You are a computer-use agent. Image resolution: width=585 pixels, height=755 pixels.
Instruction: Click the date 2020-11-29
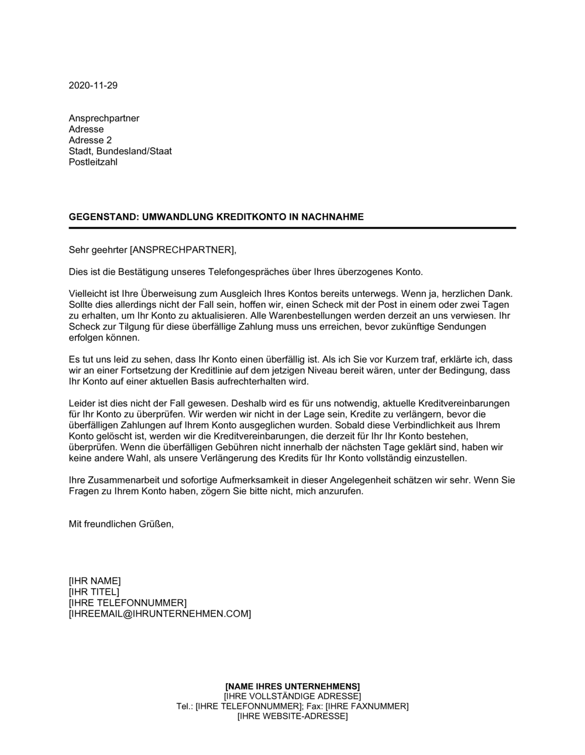click(93, 85)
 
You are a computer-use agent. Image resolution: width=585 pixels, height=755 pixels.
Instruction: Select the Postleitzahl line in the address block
click(93, 162)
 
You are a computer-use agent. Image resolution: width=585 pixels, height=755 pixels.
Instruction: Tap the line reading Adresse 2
click(90, 140)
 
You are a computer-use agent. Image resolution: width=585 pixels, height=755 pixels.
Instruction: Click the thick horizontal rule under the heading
click(292, 228)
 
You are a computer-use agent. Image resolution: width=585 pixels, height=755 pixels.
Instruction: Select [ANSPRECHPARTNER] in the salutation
click(182, 250)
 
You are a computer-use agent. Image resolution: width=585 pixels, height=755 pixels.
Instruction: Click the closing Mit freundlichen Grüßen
click(121, 524)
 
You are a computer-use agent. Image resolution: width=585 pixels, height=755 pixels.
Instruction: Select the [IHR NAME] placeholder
click(95, 581)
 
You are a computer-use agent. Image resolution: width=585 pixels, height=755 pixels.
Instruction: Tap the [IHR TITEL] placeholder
click(94, 592)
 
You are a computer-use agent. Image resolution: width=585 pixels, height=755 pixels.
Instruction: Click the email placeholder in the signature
click(160, 613)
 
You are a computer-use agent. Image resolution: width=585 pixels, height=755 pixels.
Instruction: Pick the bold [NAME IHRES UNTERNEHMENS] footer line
click(292, 686)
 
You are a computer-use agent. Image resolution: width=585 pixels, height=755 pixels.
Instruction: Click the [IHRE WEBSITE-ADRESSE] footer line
click(292, 716)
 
